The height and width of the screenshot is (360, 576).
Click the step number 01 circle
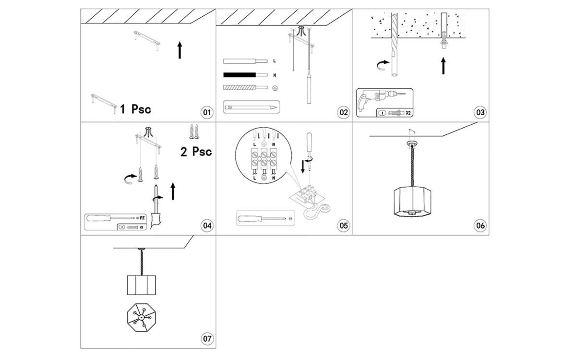point(207,112)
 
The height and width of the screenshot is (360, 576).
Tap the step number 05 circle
point(343,225)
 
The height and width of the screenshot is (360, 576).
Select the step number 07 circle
point(207,339)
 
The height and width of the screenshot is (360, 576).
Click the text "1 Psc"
point(135,109)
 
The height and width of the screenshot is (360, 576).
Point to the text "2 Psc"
point(196,152)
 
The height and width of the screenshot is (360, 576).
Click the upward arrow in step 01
point(180,50)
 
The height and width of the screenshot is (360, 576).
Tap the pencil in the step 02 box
point(251,107)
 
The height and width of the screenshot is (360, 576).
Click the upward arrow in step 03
point(443,65)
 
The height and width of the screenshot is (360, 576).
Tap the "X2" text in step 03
point(408,114)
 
